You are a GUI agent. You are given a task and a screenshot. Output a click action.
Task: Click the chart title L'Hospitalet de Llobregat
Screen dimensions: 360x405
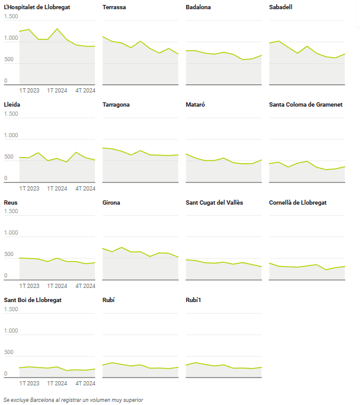[x=37, y=7]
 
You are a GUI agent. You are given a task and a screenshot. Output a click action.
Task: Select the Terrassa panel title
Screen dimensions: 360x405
[x=114, y=7]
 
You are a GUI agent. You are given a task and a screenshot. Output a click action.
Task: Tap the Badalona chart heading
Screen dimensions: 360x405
[x=198, y=7]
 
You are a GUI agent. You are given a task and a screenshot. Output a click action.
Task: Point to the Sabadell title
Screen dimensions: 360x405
[x=281, y=7]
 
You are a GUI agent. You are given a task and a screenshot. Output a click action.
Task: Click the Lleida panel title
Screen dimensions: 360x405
[x=12, y=105]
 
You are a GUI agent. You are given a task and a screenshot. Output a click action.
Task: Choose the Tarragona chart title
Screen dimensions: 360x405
[x=116, y=105]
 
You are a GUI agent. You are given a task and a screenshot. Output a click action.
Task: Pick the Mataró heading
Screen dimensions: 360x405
[x=195, y=105]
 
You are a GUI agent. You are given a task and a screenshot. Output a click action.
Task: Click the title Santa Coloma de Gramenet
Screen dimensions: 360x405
[x=306, y=105]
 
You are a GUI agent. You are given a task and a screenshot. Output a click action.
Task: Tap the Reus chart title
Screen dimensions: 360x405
[x=10, y=202]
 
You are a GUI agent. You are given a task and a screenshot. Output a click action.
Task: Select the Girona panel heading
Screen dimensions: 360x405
[x=111, y=202]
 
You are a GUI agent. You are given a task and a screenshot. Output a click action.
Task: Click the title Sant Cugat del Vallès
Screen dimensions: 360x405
[x=214, y=203]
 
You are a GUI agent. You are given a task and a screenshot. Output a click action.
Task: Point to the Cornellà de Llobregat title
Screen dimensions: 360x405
[x=298, y=203]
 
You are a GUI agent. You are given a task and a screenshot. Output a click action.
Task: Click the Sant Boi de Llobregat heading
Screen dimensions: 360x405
[x=33, y=300]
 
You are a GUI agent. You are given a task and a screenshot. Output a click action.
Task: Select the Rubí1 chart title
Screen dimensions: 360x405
[x=193, y=300]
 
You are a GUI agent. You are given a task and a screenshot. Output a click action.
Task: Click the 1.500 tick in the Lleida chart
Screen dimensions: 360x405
[x=11, y=114]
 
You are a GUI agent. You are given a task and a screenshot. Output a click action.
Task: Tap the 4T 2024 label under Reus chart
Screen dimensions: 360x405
[x=86, y=286]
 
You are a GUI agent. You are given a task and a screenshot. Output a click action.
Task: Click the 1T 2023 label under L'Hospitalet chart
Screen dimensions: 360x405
[x=29, y=91]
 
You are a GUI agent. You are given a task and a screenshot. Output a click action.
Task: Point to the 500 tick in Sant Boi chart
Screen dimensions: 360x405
[x=9, y=352]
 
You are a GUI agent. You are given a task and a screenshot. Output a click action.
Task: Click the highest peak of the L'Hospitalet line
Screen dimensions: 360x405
[x=57, y=29]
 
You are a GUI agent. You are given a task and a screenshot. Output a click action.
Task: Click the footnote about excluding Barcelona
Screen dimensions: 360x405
[x=73, y=400]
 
